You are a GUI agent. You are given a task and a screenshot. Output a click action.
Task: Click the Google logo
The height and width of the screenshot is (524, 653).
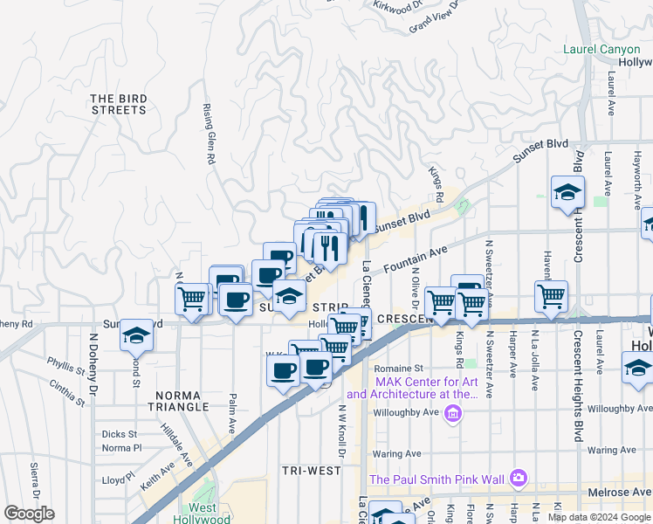coord(29,514)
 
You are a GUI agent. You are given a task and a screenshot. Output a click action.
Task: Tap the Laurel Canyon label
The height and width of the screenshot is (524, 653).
coord(601,50)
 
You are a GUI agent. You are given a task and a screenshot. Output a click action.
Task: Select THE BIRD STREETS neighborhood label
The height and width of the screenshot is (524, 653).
coord(119,105)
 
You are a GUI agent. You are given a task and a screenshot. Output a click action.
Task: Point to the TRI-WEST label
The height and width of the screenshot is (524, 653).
coord(312,470)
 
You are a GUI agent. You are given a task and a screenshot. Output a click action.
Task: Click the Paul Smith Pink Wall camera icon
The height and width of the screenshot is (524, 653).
coord(519,478)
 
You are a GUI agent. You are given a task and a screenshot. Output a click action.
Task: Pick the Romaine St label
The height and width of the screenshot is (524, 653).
coord(399,369)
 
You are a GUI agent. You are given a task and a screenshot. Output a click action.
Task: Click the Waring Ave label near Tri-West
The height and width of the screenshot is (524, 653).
coord(398,454)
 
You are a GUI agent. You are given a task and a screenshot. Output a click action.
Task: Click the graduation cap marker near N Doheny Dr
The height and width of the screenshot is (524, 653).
coord(136,334)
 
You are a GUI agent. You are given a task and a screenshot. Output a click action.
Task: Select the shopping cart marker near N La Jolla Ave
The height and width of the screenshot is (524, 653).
coord(551,296)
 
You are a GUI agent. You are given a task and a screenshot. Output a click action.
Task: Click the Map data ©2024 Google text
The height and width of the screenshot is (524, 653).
coord(598,517)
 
